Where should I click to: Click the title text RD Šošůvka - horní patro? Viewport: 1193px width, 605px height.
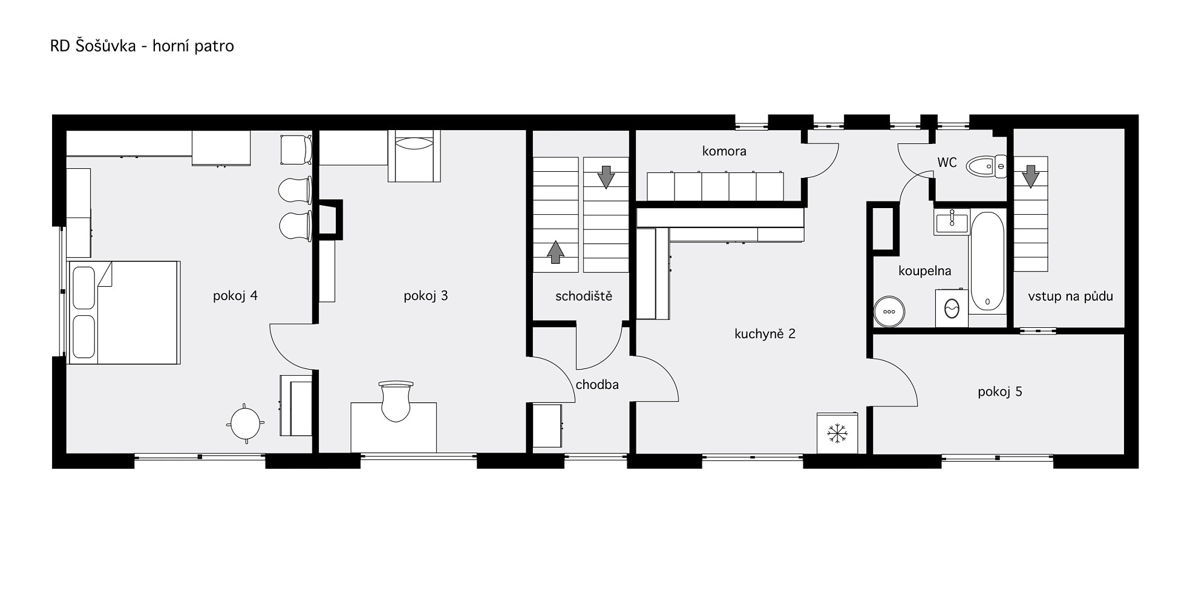pyautogui.click(x=142, y=46)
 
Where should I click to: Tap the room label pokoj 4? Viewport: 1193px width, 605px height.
pyautogui.click(x=235, y=296)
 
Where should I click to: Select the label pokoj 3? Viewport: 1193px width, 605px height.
pyautogui.click(x=426, y=296)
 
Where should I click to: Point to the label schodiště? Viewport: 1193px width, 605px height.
pyautogui.click(x=584, y=296)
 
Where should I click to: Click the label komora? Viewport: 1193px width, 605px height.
pyautogui.click(x=724, y=151)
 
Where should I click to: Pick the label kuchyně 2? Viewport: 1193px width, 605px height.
pyautogui.click(x=765, y=333)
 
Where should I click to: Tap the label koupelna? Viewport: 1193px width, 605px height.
pyautogui.click(x=924, y=271)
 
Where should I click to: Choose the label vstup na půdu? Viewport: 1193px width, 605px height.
pyautogui.click(x=1070, y=296)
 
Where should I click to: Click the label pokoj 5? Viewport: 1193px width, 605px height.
pyautogui.click(x=1000, y=392)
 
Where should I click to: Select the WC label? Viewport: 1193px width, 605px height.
pyautogui.click(x=947, y=162)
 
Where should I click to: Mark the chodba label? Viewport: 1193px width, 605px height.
pyautogui.click(x=597, y=385)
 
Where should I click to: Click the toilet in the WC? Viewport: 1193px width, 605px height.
pyautogui.click(x=986, y=166)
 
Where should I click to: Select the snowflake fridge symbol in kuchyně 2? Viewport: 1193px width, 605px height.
pyautogui.click(x=837, y=433)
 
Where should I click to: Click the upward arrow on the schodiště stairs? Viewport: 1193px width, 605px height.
pyautogui.click(x=555, y=252)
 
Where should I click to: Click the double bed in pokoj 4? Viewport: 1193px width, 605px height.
pyautogui.click(x=125, y=312)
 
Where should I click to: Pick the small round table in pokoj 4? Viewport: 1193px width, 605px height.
pyautogui.click(x=245, y=423)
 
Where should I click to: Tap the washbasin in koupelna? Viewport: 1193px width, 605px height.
pyautogui.click(x=952, y=221)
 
